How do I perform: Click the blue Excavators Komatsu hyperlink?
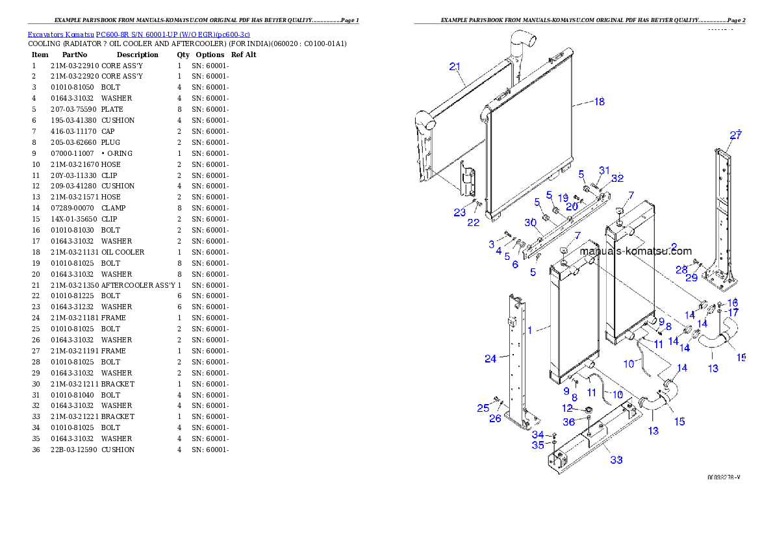[138, 34]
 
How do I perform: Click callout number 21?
[455, 66]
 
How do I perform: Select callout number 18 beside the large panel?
[599, 101]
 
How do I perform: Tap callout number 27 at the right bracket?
[735, 135]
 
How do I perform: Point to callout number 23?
[460, 212]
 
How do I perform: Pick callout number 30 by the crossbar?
[531, 222]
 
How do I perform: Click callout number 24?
[490, 358]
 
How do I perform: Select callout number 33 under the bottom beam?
[616, 460]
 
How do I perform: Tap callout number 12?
[568, 408]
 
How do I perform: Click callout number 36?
[568, 422]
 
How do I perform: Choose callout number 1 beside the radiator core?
[529, 330]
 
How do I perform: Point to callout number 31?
[605, 170]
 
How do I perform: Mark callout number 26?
[495, 418]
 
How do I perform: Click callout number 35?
[538, 445]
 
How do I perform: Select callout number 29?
[692, 277]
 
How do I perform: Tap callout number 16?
[733, 303]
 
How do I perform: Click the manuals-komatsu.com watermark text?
[635, 251]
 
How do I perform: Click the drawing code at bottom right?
[724, 477]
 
